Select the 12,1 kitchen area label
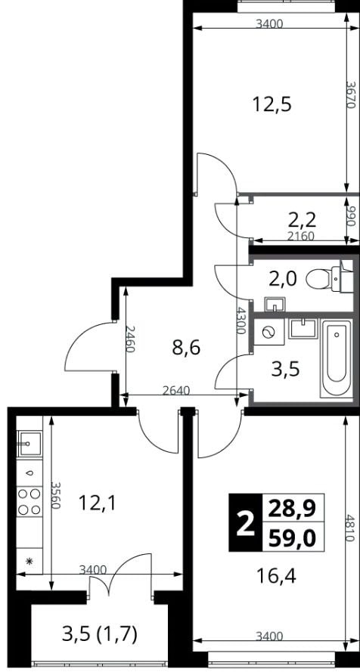[x=97, y=502]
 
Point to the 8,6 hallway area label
[x=186, y=348]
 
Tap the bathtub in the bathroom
[x=337, y=358]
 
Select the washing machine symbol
[x=269, y=332]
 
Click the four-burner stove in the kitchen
[x=29, y=501]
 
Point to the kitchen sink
[x=29, y=444]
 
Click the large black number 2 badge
[x=245, y=522]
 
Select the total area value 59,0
[x=292, y=537]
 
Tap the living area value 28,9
[x=292, y=508]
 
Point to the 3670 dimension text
[x=352, y=95]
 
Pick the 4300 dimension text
[x=242, y=321]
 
